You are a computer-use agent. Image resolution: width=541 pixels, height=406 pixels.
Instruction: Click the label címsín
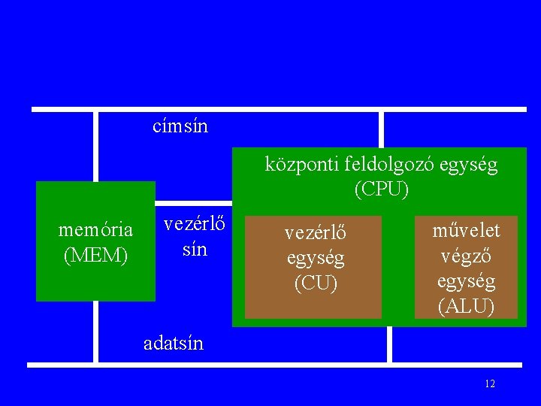point(180,126)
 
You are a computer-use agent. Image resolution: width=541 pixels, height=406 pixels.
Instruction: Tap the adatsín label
point(174,344)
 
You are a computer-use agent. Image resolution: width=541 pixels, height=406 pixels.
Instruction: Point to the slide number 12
point(490,384)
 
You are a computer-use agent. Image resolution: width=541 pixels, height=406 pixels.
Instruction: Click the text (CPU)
point(382,189)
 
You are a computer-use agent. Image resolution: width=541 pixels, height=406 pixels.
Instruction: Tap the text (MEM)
point(95,256)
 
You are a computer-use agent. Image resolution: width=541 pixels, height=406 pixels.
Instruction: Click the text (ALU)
point(466,307)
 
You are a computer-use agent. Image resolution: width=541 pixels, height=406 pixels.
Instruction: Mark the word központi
point(293,165)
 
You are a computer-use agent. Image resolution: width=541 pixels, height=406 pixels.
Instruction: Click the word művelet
point(466,229)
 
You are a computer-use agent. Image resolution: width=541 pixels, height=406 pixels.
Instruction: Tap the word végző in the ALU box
point(466,256)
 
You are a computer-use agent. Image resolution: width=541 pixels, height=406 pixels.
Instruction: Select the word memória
point(95,229)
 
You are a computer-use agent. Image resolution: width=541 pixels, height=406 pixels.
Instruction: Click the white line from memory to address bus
point(95,147)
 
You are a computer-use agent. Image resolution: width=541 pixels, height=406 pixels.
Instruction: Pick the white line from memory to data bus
point(95,332)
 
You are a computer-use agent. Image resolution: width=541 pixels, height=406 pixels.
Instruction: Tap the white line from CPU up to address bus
point(381,129)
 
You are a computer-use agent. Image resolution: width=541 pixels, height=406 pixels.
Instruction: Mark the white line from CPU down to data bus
point(389,345)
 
